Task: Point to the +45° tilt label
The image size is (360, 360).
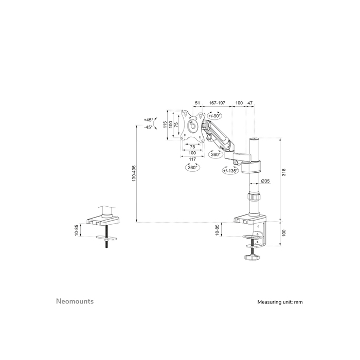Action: tap(148, 120)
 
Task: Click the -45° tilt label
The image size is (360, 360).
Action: tap(148, 127)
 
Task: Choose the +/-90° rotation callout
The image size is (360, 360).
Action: tap(214, 116)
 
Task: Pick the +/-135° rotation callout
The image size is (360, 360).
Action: tap(230, 170)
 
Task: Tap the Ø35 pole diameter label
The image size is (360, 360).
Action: tap(266, 181)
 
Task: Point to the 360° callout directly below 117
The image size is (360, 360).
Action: tap(192, 168)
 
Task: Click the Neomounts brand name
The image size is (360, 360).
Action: tap(75, 301)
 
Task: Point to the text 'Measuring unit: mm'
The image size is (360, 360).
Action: tap(280, 302)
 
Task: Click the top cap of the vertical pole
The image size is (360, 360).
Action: tap(254, 139)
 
